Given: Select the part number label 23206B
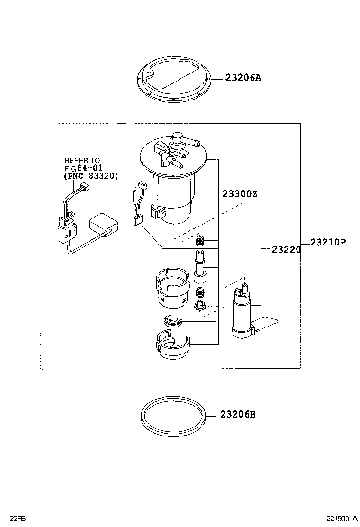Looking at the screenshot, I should click(237, 414).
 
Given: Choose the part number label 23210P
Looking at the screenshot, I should click(328, 242).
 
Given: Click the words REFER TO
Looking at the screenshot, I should click(82, 161).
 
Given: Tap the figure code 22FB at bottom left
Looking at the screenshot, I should click(18, 519).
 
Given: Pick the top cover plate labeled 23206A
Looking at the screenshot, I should click(173, 82).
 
